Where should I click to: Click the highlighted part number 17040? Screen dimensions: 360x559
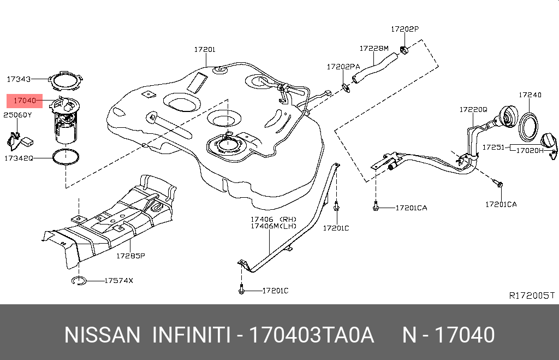25,101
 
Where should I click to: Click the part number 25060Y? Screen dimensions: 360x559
17,115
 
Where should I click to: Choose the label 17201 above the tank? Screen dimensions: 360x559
205,49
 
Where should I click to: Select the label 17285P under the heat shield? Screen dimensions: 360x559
129,255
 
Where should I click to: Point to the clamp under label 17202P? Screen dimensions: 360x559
405,51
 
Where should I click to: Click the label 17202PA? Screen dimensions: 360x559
343,67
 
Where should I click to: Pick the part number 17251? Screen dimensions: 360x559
492,147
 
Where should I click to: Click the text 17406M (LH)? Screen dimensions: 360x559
273,226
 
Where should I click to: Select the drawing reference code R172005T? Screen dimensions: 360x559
532,296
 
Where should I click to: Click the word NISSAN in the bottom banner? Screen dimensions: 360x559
102,335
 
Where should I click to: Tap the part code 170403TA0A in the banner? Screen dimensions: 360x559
311,335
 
